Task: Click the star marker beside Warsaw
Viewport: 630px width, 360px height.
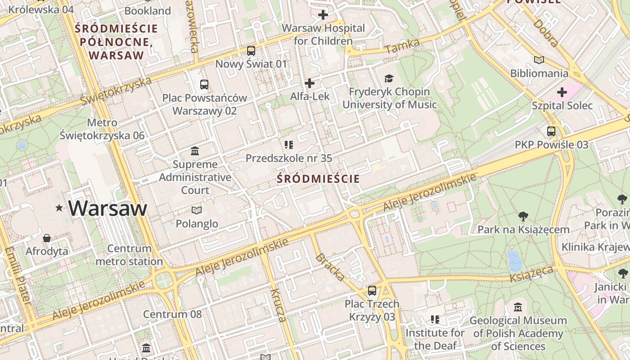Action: [x=59, y=208]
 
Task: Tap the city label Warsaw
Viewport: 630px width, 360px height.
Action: [x=108, y=208]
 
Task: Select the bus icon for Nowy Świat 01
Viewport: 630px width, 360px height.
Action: [x=251, y=51]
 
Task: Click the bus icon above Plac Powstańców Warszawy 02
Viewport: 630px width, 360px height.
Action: [x=204, y=85]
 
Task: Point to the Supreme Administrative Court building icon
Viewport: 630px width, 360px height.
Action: [x=195, y=151]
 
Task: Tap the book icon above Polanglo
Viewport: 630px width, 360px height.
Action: [x=197, y=210]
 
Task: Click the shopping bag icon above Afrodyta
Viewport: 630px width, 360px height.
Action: [x=47, y=238]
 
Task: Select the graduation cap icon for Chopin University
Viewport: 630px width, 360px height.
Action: [x=389, y=78]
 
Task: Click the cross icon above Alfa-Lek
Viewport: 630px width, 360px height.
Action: [x=310, y=83]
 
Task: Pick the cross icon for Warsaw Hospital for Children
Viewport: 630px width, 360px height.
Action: [x=323, y=15]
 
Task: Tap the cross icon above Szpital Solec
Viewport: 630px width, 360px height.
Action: [x=562, y=92]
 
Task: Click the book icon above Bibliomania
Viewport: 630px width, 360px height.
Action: [x=539, y=60]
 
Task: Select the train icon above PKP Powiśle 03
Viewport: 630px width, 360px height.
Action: [x=551, y=131]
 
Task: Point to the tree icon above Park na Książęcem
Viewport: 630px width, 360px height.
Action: [x=523, y=216]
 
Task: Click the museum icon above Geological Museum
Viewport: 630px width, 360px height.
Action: [x=518, y=307]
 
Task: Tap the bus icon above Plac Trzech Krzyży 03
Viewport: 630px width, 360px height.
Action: [x=372, y=291]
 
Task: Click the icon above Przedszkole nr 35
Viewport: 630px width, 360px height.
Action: [x=289, y=145]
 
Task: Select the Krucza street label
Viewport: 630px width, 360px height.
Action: [x=278, y=305]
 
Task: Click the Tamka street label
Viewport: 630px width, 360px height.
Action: [x=402, y=46]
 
